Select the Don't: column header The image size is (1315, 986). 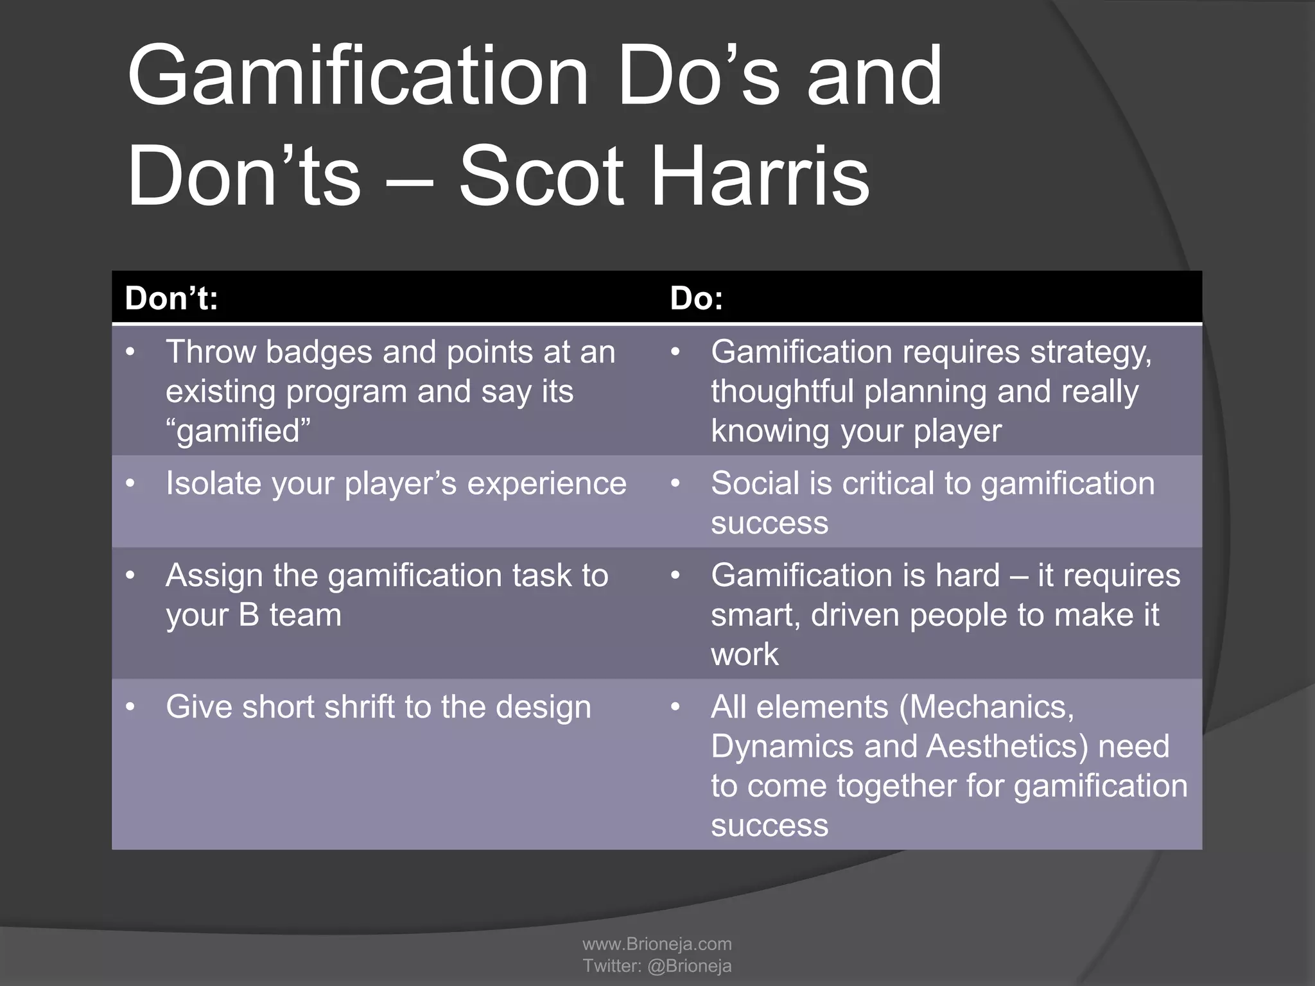point(171,298)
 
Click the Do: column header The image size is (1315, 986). point(697,298)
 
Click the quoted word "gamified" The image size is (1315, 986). point(238,431)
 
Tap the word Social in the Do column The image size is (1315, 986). point(755,483)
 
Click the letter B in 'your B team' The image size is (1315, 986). point(249,615)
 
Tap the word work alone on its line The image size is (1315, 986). point(745,655)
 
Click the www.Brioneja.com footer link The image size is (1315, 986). point(657,944)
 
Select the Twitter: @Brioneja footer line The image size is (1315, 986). point(657,965)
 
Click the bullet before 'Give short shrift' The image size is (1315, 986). point(131,707)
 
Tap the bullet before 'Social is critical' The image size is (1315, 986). point(675,483)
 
